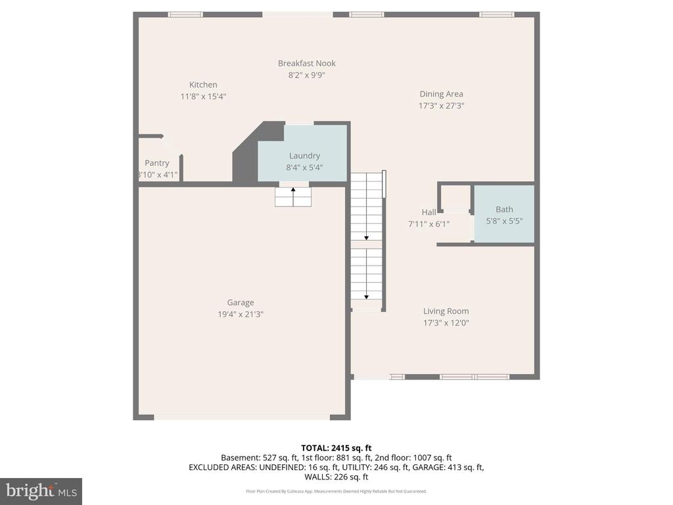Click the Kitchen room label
tap(203, 85)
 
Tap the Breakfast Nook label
tap(306, 63)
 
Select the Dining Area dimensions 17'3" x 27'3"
tap(441, 106)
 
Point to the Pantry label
tap(157, 163)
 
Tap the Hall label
tap(429, 212)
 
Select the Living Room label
tap(446, 311)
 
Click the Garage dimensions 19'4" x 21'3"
tap(241, 314)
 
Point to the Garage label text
tap(241, 302)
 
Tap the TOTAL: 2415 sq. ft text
tap(336, 448)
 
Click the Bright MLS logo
tap(41, 491)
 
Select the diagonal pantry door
tap(172, 145)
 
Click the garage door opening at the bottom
tap(242, 417)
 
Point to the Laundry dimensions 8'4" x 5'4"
tap(304, 167)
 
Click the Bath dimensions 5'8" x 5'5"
tap(504, 222)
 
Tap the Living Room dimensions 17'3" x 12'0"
tap(446, 323)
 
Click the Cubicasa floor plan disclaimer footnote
tap(336, 491)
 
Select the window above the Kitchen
tap(185, 14)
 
